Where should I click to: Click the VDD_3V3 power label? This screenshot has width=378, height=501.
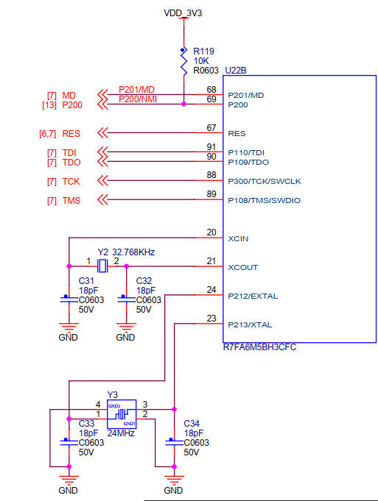[183, 13]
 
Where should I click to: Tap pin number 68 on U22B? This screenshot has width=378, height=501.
[211, 90]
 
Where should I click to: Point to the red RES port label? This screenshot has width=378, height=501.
[71, 133]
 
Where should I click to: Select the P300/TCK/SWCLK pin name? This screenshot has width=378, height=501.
[265, 181]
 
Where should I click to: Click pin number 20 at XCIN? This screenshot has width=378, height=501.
[211, 232]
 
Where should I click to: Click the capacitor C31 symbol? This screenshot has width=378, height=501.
[69, 299]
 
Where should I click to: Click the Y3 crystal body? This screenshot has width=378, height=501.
[122, 414]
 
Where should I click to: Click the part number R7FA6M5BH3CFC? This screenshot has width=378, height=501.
[259, 347]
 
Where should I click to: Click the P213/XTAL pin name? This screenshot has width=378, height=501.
[251, 324]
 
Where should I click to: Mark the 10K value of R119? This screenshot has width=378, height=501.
[201, 61]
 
